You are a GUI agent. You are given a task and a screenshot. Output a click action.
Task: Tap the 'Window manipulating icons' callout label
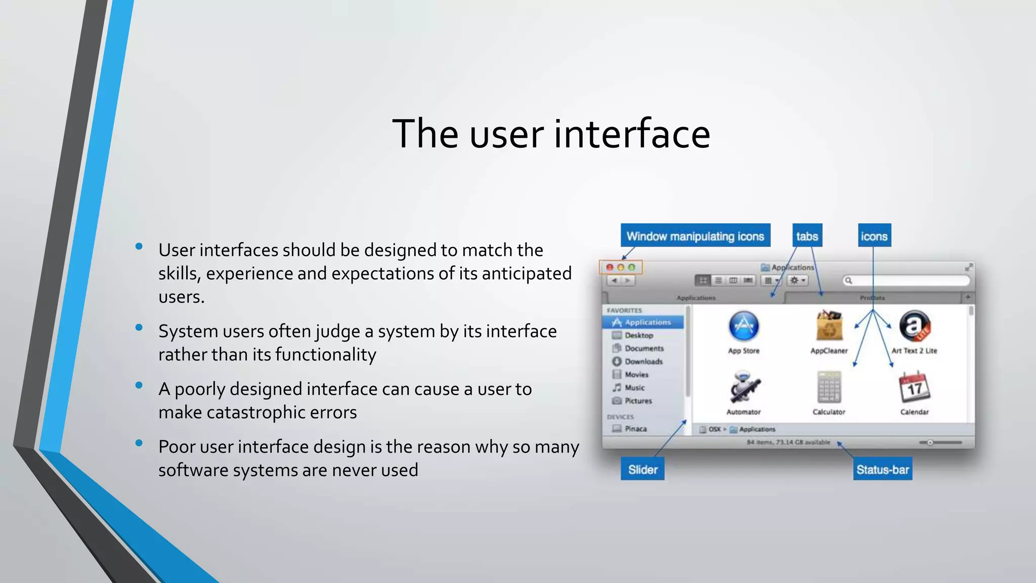click(695, 236)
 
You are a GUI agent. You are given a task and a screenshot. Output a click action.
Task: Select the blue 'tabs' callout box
click(807, 236)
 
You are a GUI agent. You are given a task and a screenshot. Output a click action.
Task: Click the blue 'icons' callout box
click(874, 236)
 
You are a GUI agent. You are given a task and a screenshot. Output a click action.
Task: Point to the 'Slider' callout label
click(642, 470)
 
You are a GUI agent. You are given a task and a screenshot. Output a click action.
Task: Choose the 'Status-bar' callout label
click(882, 470)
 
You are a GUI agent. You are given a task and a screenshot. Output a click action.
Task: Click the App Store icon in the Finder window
click(744, 326)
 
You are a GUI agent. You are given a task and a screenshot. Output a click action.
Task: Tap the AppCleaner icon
click(829, 326)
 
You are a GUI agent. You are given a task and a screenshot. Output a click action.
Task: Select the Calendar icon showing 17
click(915, 388)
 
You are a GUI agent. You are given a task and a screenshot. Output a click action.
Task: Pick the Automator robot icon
click(744, 388)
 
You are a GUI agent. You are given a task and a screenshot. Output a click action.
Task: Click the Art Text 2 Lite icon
click(915, 326)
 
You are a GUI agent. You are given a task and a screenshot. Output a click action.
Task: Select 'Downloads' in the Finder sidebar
click(643, 361)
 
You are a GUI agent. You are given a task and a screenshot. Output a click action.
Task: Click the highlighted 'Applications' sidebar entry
click(647, 322)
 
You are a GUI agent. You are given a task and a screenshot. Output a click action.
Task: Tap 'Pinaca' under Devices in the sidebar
click(635, 429)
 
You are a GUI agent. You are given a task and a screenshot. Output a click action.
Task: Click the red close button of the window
click(610, 267)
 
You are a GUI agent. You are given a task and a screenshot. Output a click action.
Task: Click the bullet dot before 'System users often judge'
click(139, 327)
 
